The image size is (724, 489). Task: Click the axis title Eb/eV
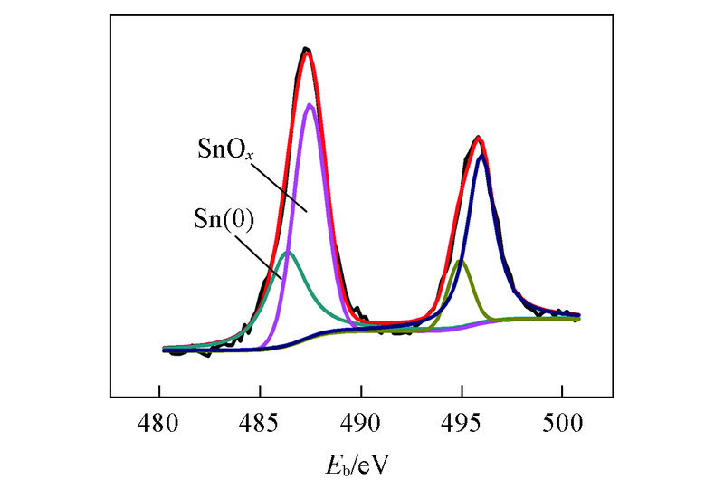[360, 464]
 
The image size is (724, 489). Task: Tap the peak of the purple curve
[310, 104]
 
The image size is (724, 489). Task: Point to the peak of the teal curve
[288, 252]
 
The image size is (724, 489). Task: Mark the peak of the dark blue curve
[482, 156]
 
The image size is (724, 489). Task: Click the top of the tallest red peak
[307, 53]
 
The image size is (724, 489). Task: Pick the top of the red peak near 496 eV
[478, 139]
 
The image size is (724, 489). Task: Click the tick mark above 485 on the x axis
[260, 393]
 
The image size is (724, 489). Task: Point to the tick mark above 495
[462, 393]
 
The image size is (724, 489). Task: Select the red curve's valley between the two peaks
[389, 324]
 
